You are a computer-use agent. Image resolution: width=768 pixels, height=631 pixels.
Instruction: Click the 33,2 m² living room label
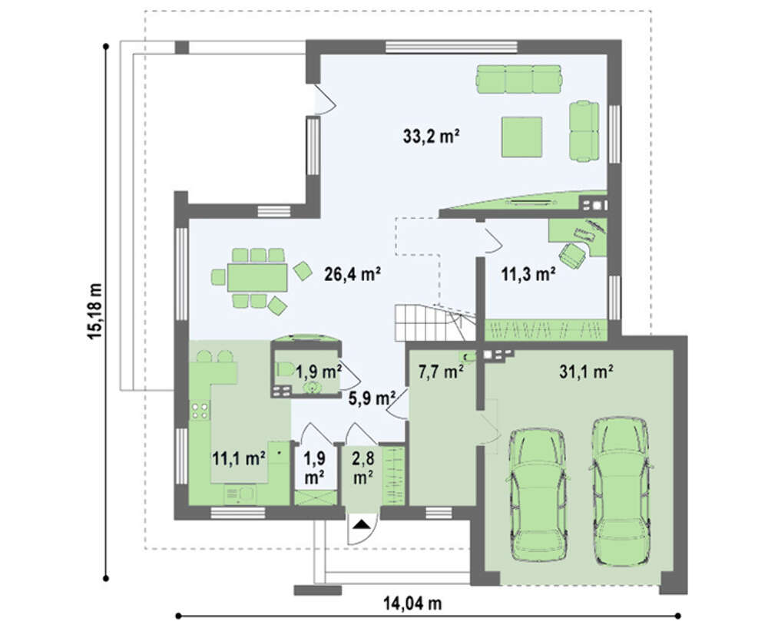[431, 136]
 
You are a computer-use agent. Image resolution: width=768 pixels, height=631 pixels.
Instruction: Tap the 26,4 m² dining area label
[353, 274]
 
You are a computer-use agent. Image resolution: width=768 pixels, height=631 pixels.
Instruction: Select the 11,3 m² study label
[528, 274]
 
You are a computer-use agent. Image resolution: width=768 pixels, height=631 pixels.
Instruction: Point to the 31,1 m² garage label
[586, 372]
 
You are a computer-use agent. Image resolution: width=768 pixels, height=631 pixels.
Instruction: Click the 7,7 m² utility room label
[441, 372]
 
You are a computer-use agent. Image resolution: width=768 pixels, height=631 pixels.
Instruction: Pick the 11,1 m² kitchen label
[239, 459]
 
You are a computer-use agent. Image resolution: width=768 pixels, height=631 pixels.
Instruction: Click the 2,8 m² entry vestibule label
[363, 467]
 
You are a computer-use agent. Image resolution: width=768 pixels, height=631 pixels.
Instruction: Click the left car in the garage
[538, 495]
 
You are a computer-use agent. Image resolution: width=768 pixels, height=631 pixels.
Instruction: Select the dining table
[257, 278]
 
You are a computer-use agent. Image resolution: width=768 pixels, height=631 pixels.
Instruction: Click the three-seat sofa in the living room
[519, 79]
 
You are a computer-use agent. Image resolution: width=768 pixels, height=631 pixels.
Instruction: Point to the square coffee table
[521, 137]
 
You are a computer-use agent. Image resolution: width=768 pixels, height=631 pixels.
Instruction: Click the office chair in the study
[573, 255]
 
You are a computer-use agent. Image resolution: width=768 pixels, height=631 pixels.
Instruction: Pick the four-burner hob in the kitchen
[200, 410]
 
